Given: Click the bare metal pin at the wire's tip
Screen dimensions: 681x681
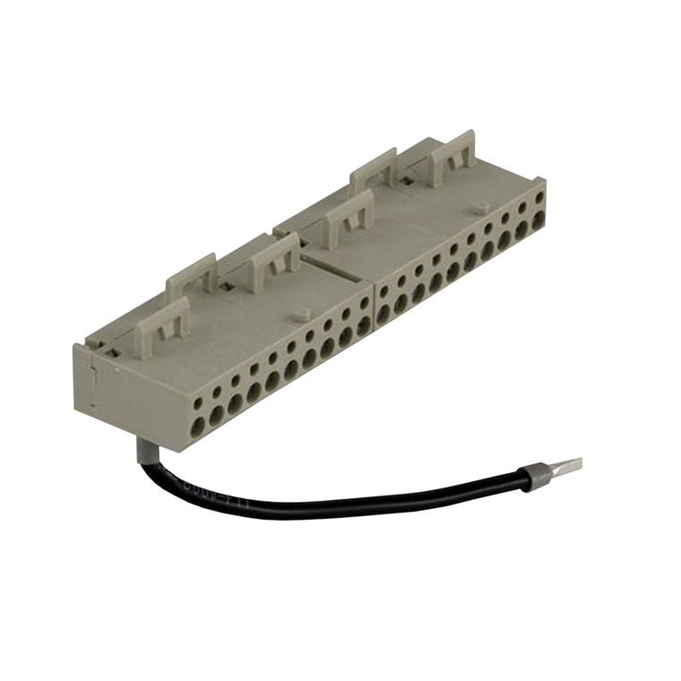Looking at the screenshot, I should (x=564, y=465).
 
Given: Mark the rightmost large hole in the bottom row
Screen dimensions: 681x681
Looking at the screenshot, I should (x=539, y=217).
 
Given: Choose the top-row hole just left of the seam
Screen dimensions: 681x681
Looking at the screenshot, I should (x=363, y=304).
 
